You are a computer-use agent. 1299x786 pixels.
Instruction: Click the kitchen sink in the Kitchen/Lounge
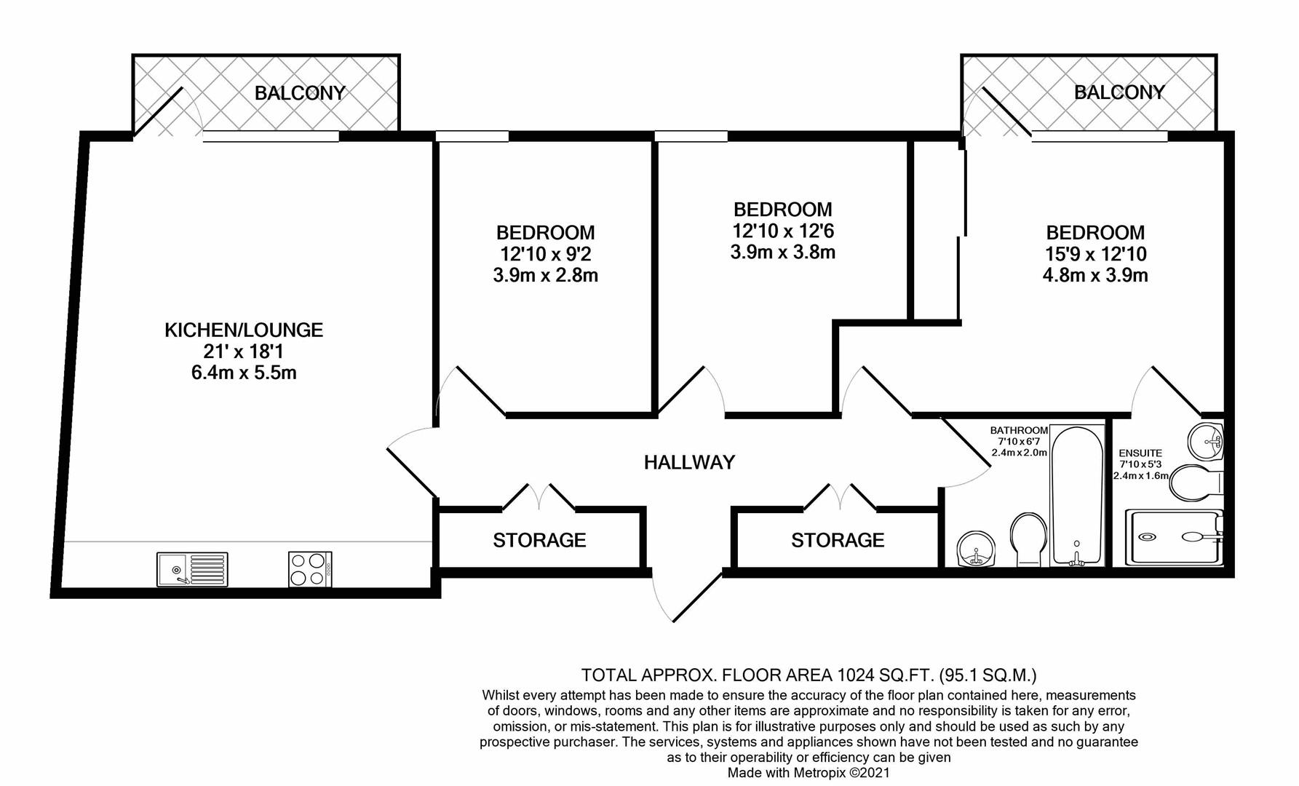coord(192,569)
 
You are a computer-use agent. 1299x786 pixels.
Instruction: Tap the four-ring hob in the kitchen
coord(310,569)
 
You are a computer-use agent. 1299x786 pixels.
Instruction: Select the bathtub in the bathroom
coord(1077,496)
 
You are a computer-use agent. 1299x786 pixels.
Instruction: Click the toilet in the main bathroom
coord(1028,539)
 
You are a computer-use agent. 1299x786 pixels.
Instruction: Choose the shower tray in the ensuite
coord(1173,538)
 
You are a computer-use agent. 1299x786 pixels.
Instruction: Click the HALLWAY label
coord(689,462)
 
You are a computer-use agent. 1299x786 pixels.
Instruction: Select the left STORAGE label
coord(539,540)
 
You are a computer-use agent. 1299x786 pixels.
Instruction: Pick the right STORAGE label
coord(838,540)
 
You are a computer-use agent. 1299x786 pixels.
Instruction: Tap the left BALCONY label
coord(300,93)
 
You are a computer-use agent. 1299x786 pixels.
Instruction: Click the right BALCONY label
coord(1119,92)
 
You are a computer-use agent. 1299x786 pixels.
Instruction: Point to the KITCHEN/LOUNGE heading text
coord(244,330)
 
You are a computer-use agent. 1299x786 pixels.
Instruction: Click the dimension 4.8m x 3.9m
coord(1095,275)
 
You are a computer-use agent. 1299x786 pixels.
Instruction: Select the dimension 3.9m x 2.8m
coord(545,275)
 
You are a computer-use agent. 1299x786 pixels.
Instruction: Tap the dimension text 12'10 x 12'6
coord(782,231)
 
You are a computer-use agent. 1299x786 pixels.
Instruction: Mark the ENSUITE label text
coord(1140,453)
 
